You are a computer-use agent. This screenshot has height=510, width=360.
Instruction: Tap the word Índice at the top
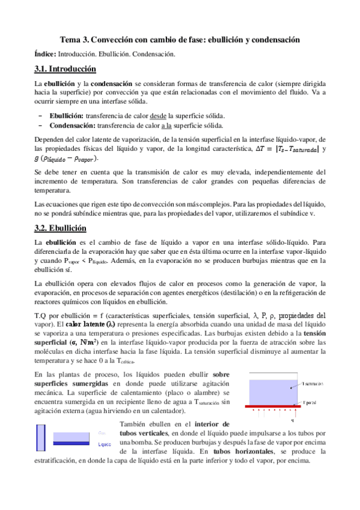[46, 54]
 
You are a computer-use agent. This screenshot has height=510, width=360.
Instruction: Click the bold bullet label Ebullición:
[67, 115]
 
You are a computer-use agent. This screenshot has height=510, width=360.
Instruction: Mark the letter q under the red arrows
[291, 420]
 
